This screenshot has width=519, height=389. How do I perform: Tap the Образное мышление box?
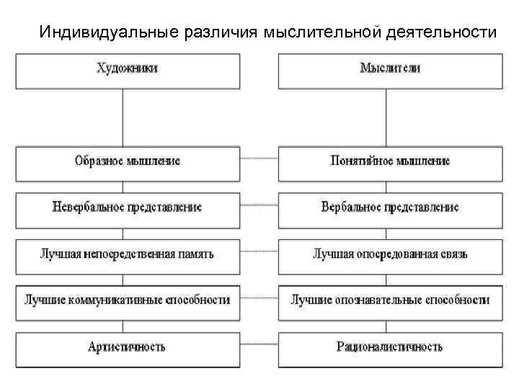tap(128, 162)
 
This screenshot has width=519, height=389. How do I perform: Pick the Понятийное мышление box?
tap(389, 162)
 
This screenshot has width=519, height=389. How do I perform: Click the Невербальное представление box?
tap(128, 207)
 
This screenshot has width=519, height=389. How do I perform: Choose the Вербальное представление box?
tap(389, 207)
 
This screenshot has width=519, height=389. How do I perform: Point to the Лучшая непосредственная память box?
tap(128, 254)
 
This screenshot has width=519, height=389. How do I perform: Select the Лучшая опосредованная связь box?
tap(389, 254)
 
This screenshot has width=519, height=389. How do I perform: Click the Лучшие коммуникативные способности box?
tap(128, 300)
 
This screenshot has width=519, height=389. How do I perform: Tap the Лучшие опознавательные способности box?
tap(389, 300)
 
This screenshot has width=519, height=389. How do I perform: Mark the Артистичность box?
tap(128, 347)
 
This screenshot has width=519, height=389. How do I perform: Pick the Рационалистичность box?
tap(389, 347)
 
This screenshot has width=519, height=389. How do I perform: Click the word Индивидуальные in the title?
tap(99, 32)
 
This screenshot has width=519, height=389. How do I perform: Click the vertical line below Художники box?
tap(124, 117)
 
